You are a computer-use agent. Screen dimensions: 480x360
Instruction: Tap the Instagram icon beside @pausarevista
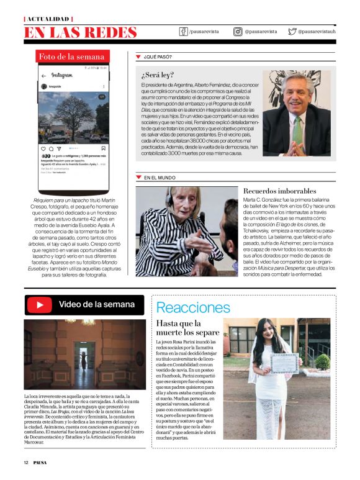pos(238,31)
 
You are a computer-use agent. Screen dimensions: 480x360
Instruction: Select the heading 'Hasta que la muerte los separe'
pos(187,328)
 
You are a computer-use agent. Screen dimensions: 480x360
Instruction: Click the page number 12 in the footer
pos(27,463)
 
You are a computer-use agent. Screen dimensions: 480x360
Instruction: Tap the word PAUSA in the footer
pos(41,463)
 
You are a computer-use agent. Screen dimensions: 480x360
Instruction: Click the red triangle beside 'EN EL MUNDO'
pos(138,178)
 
